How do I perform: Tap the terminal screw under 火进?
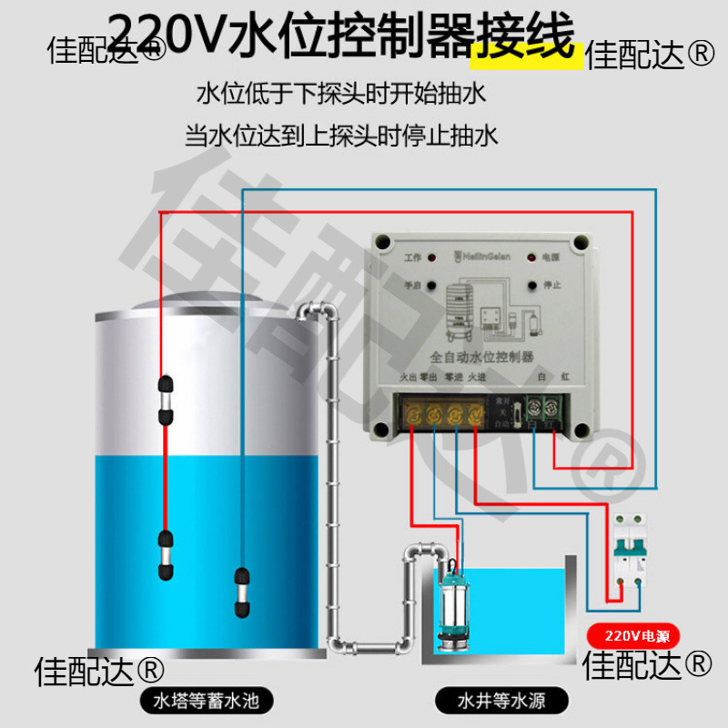[474, 415]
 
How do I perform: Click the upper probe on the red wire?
[165, 399]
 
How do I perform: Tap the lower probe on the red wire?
[165, 556]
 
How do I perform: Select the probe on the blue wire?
[242, 591]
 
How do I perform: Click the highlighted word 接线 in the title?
[525, 41]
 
